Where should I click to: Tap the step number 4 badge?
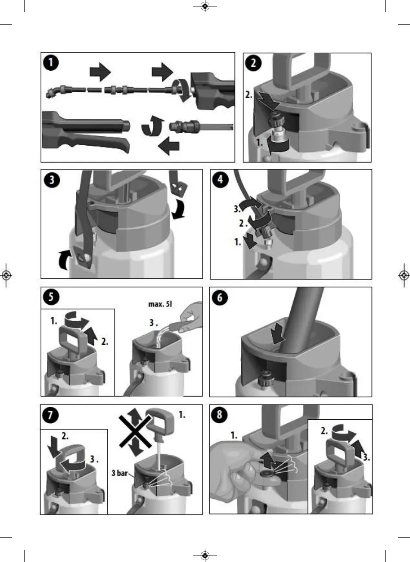(221, 180)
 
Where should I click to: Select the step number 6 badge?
(220, 298)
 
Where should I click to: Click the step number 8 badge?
(220, 415)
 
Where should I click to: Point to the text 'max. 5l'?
(159, 304)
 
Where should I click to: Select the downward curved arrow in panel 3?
(177, 211)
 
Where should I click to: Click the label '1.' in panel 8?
(234, 436)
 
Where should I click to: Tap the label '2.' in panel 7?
(65, 436)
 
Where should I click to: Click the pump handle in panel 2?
(302, 69)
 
